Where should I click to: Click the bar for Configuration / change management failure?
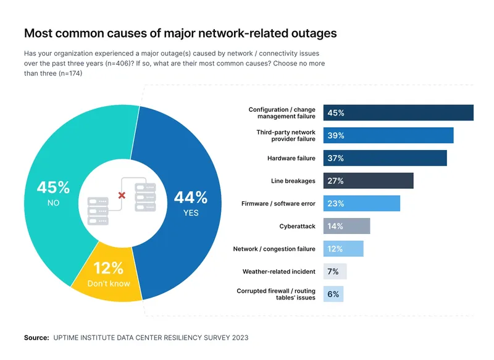pos(398,113)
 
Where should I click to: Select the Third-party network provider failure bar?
pos(388,135)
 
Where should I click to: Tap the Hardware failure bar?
pos(385,158)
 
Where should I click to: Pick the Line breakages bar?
pos(368,181)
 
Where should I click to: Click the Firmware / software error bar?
pos(362,203)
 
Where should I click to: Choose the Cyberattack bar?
pos(346,226)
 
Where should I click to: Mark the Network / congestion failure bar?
pos(343,249)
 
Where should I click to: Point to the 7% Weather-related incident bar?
pos(335,272)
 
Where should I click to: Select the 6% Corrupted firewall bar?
pos(333,294)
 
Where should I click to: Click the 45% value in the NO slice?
pos(53,187)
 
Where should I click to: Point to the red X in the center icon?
pos(122,195)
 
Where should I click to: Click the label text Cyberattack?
pos(297,227)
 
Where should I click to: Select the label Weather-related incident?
pos(278,272)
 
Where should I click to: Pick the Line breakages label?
pos(293,181)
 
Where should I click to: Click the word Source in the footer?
pos(36,338)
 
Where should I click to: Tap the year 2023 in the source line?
pos(238,338)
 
